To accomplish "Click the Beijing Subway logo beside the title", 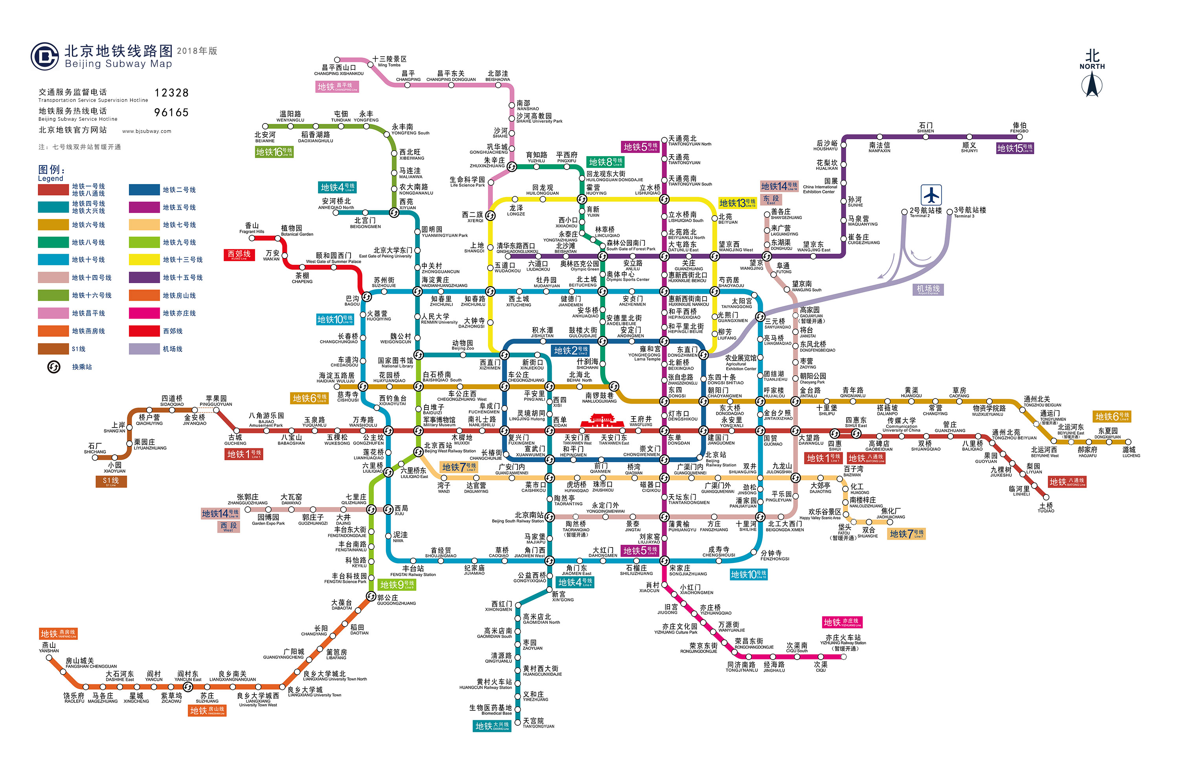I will (x=45, y=56).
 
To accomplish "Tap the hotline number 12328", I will (x=171, y=93).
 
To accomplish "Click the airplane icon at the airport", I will (x=931, y=195).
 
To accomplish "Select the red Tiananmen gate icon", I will (x=602, y=422).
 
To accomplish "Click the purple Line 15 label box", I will (x=1014, y=148).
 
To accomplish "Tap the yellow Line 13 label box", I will (x=737, y=203).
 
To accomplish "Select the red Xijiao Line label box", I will (x=239, y=254).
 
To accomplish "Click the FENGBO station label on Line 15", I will (x=1019, y=128).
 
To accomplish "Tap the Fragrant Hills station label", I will (x=252, y=228).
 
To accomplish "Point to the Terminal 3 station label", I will (x=970, y=212).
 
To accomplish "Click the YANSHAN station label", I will (x=49, y=647).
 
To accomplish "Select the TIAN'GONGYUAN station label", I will (x=538, y=723).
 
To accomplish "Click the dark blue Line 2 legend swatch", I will (x=144, y=190).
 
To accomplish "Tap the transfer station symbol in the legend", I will (x=53, y=367).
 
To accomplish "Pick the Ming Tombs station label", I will (x=389, y=61).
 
